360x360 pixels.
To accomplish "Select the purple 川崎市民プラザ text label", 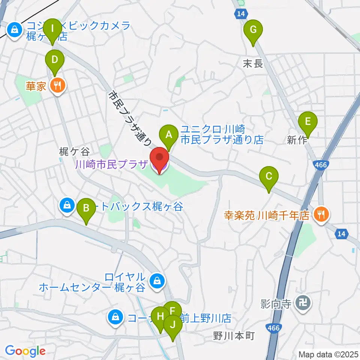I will click(x=111, y=165).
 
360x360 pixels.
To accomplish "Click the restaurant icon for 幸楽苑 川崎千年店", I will click(x=321, y=215).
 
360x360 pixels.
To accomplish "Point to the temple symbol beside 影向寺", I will click(x=302, y=302).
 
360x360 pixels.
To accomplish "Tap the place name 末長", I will click(x=253, y=64).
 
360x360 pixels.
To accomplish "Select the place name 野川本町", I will click(x=234, y=335).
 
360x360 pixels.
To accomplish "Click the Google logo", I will click(x=25, y=351).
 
